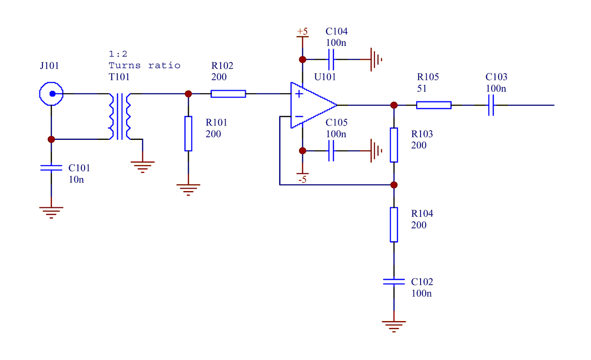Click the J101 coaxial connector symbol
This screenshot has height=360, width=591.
click(51, 94)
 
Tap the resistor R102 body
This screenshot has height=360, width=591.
click(228, 94)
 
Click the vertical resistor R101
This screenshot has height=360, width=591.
click(188, 133)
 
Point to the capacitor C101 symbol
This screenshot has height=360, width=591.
click(51, 168)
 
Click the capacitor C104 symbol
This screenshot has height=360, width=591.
click(331, 60)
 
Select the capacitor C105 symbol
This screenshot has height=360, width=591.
click(331, 151)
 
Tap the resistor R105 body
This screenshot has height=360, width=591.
click(433, 105)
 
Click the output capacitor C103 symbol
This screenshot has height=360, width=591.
click(491, 105)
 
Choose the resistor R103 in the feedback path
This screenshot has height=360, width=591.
click(394, 145)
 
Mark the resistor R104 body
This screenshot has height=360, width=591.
click(394, 225)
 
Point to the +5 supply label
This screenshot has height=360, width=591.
click(302, 32)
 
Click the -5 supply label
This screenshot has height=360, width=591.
click(302, 180)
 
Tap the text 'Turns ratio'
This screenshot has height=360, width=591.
click(144, 65)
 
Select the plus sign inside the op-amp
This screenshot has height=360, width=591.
click(298, 94)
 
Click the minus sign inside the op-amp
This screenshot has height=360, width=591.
click(298, 117)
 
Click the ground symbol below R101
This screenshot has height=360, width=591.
click(188, 189)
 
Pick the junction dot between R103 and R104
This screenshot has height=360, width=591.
click(394, 185)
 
